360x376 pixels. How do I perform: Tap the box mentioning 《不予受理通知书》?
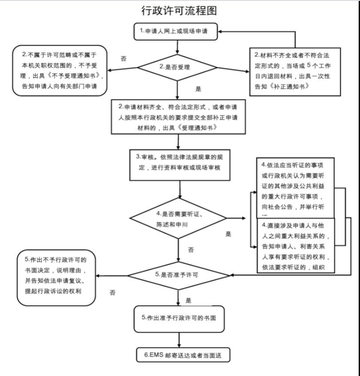[x=60, y=70]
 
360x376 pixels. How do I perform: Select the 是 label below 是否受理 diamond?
[x=198, y=89]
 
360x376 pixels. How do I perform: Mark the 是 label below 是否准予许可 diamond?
[x=188, y=300]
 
